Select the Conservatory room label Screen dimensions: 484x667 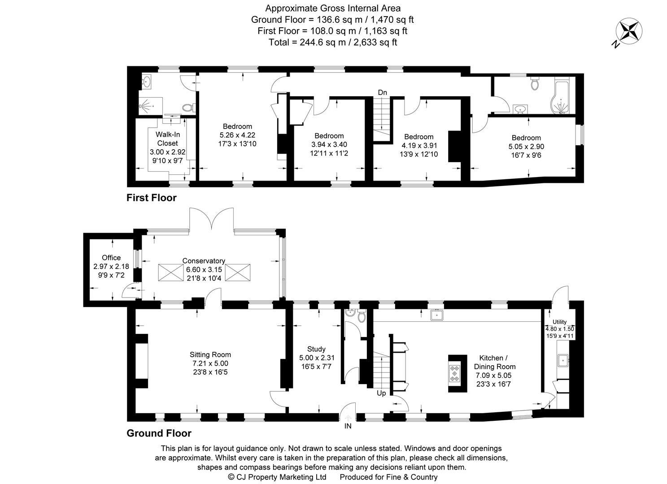[x=204, y=261]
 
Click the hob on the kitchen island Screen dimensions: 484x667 [x=455, y=373]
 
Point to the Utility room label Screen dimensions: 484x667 [x=559, y=322]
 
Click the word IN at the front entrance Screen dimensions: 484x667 [x=348, y=426]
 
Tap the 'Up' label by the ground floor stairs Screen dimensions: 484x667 [x=381, y=393]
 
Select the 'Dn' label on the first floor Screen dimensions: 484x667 [x=382, y=92]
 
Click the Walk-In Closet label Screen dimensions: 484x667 [x=167, y=139]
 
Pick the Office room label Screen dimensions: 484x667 [x=111, y=258]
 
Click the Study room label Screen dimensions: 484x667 [x=316, y=349]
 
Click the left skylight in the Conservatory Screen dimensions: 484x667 [x=170, y=272]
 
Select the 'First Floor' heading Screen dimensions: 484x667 [x=152, y=198]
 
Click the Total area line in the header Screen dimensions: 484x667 [x=332, y=42]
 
